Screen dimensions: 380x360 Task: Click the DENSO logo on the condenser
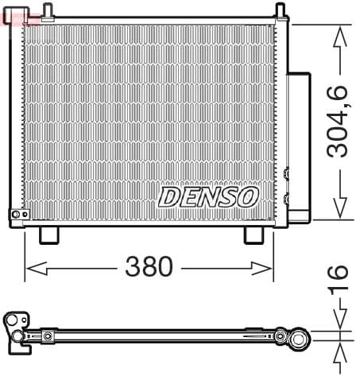click(x=208, y=196)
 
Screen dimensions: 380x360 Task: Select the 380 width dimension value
click(x=149, y=268)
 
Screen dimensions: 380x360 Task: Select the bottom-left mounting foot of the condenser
click(x=49, y=235)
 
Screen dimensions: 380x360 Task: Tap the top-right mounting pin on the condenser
click(x=280, y=10)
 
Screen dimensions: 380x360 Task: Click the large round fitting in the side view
click(x=300, y=340)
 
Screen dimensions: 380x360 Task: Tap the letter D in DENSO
click(x=169, y=196)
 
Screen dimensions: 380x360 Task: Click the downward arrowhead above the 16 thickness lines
click(x=340, y=324)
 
